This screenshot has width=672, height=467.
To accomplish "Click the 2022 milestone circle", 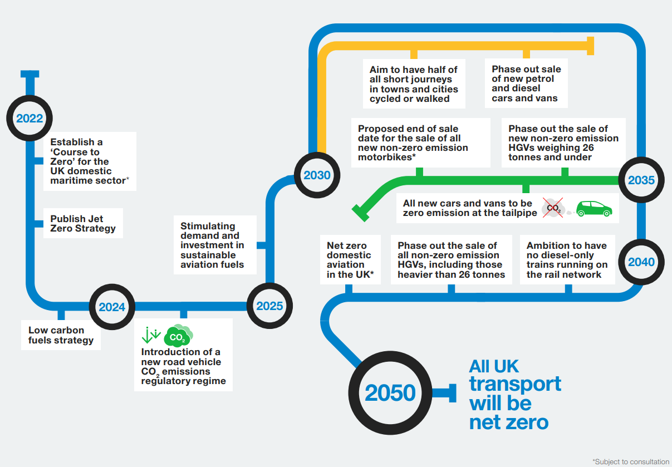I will coord(29,118).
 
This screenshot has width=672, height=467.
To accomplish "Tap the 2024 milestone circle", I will coord(112,306).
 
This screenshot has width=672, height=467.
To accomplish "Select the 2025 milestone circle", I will coord(269,306).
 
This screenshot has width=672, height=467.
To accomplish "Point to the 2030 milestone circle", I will coord(317,175).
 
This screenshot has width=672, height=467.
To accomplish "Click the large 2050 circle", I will coord(390,393).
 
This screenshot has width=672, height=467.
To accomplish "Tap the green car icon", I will coord(594,209).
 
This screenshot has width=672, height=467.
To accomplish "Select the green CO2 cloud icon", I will coord(178,336).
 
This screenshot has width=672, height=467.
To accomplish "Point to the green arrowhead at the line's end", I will coord(359,211).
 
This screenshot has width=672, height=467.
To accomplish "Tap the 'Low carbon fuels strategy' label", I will coord(61,335).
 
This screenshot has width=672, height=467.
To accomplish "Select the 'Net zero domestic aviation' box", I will coord(350,259).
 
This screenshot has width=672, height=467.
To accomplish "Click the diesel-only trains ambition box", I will coord(567,259).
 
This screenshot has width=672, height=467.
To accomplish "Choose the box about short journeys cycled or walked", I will coord(414,84).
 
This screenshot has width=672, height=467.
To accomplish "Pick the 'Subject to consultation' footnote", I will coord(631,461).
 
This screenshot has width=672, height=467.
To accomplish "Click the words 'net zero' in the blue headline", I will coord(509,422).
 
